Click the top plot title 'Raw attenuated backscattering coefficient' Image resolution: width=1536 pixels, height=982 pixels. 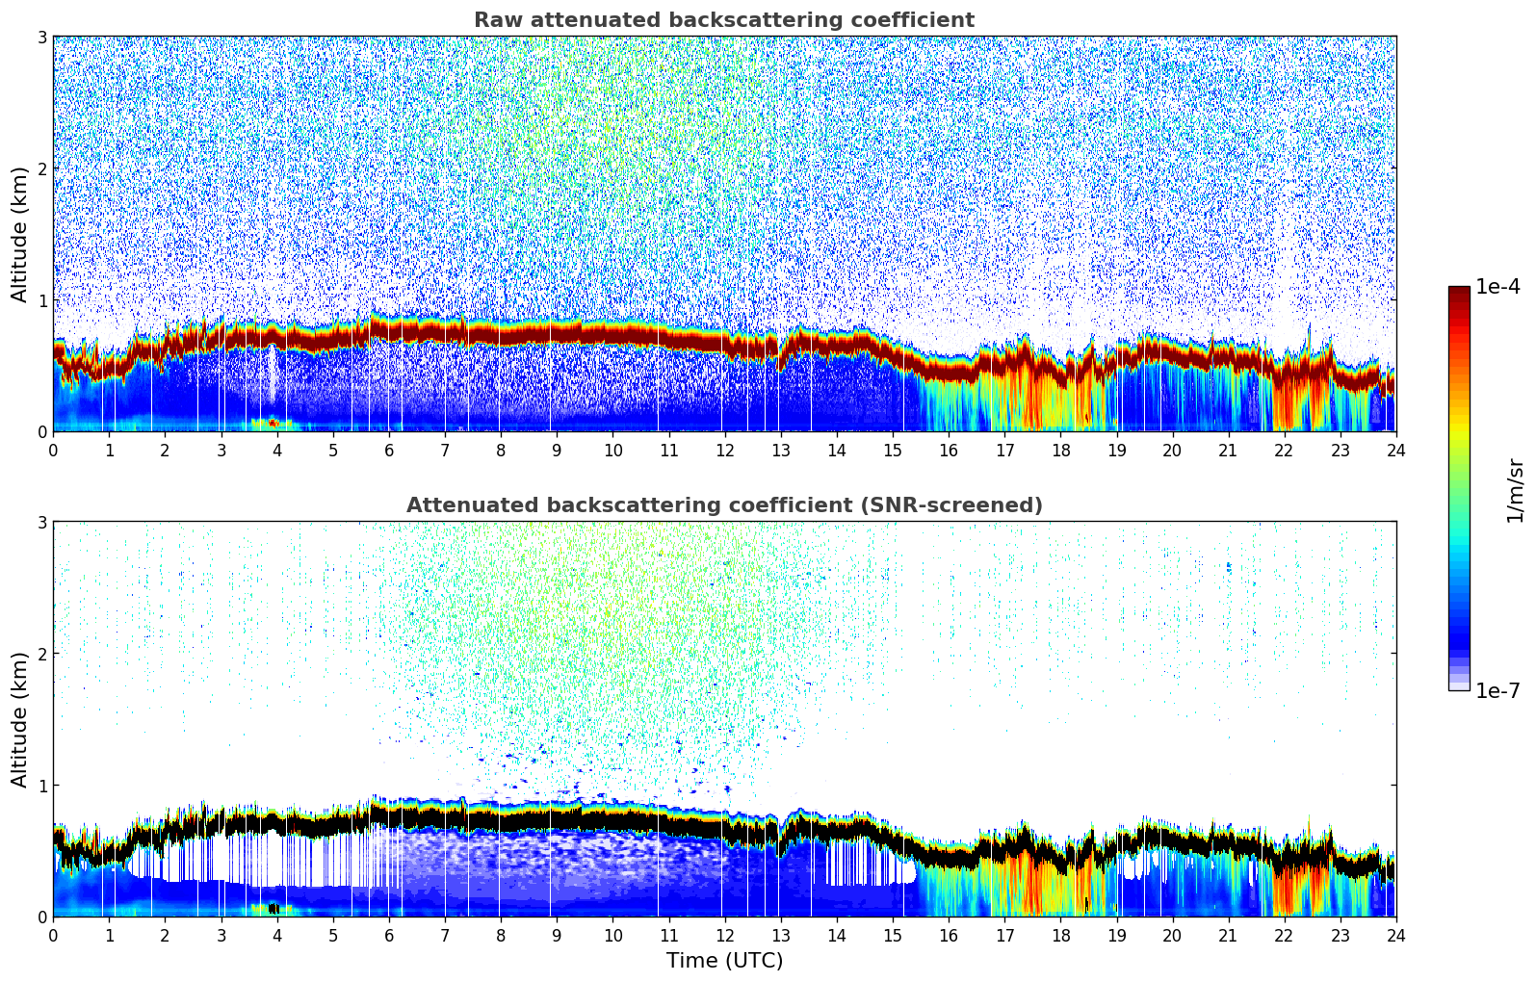coord(723,20)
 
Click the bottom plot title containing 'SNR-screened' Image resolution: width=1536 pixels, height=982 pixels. coord(723,505)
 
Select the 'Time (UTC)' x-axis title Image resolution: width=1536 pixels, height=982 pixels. coord(724,960)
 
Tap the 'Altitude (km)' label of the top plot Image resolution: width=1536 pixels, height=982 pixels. coord(19,234)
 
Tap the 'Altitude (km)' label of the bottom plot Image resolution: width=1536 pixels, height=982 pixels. coord(19,719)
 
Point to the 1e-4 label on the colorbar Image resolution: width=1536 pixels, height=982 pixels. coord(1497,287)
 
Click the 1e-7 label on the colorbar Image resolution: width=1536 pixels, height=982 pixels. coord(1497,690)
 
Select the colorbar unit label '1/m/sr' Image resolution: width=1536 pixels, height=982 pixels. coord(1515,490)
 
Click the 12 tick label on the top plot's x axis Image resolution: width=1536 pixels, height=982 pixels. coord(724,450)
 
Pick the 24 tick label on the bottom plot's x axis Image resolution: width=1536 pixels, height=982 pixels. coord(1395,935)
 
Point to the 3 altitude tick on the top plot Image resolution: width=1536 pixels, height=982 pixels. coord(41,37)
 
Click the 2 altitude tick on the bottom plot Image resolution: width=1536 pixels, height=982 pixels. coord(41,654)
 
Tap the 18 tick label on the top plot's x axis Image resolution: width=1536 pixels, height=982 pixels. coord(1060,450)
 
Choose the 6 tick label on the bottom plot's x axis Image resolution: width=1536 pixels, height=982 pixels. coord(389,935)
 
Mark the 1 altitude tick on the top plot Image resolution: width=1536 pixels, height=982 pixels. coord(41,300)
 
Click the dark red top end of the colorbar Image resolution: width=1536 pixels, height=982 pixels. coord(1459,291)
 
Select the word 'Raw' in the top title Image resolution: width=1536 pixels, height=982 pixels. coord(493,20)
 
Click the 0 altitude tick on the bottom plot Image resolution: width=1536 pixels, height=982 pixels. coord(41,917)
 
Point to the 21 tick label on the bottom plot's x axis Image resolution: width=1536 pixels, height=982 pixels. coord(1228,935)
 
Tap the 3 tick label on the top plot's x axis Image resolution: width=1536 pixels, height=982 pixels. coord(221,450)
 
